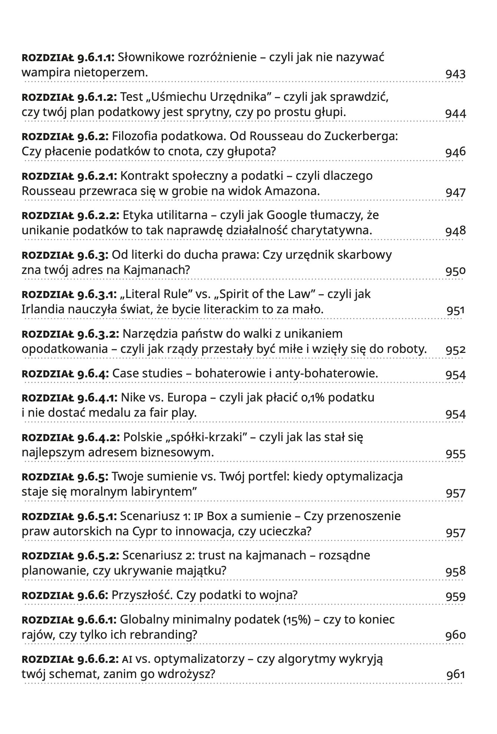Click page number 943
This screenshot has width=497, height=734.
(x=455, y=74)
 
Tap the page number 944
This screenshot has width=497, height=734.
(x=455, y=113)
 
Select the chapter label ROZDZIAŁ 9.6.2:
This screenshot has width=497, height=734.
(x=65, y=136)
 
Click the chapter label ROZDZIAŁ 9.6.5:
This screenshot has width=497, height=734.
(x=65, y=476)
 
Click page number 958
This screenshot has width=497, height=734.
(x=455, y=571)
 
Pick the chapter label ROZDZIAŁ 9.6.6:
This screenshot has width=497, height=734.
(x=65, y=595)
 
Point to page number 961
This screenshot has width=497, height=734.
(x=455, y=675)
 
